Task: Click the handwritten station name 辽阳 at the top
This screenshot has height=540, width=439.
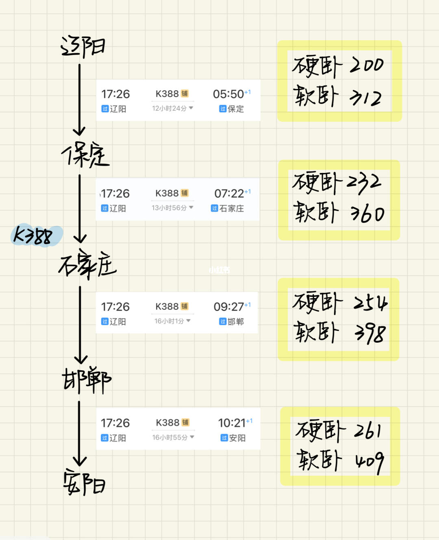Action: point(83,47)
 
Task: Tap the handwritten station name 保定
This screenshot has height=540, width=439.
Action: point(86,155)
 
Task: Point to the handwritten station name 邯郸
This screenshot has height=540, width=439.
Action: point(86,380)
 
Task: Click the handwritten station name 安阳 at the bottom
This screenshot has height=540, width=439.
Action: point(84,482)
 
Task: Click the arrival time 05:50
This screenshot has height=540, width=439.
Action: point(228,94)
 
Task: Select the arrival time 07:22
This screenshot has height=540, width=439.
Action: point(229,194)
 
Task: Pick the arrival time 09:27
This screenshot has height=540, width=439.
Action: point(229,307)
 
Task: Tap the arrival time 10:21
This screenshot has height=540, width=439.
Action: point(232,423)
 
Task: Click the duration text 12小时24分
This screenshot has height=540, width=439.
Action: point(170,108)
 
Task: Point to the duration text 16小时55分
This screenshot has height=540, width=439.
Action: point(170,437)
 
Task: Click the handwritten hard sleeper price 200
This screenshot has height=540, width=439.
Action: point(367,65)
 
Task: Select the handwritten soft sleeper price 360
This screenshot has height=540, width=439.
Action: point(367,214)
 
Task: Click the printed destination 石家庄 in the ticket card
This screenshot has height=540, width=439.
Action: point(232,208)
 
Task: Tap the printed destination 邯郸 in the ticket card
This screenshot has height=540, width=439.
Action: point(235,322)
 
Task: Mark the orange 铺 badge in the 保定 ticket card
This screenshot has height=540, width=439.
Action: point(185,94)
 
